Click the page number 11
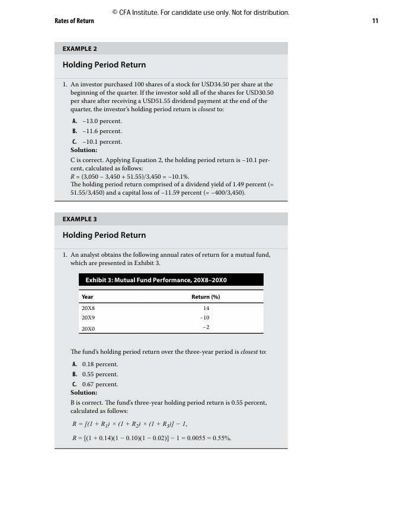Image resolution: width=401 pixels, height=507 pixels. coord(375,21)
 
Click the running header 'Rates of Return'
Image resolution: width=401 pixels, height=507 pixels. coord(74,21)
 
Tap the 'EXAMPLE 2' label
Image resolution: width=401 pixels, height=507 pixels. coord(79,49)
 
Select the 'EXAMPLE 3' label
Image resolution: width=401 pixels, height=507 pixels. coord(79,219)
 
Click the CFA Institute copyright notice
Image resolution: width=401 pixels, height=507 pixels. coord(200,12)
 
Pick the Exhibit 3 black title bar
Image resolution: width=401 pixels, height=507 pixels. coord(171,280)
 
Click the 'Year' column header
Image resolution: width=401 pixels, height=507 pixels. coord(87,296)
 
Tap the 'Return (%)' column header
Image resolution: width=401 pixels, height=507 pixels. coord(206,296)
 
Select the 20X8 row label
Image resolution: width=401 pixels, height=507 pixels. coord(88,308)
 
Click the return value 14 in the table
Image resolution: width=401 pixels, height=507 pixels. coord(206,308)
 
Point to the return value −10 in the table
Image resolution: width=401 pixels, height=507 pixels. coord(206,318)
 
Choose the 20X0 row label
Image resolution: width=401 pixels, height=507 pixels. coord(88,328)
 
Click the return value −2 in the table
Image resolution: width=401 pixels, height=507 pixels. coord(206,327)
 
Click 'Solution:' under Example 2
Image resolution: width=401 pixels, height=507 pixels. coord(84,150)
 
